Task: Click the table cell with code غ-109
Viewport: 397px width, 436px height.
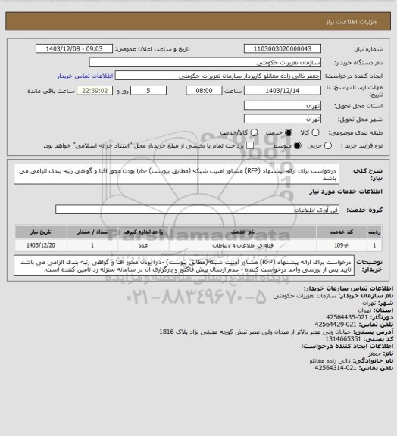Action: point(357,245)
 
